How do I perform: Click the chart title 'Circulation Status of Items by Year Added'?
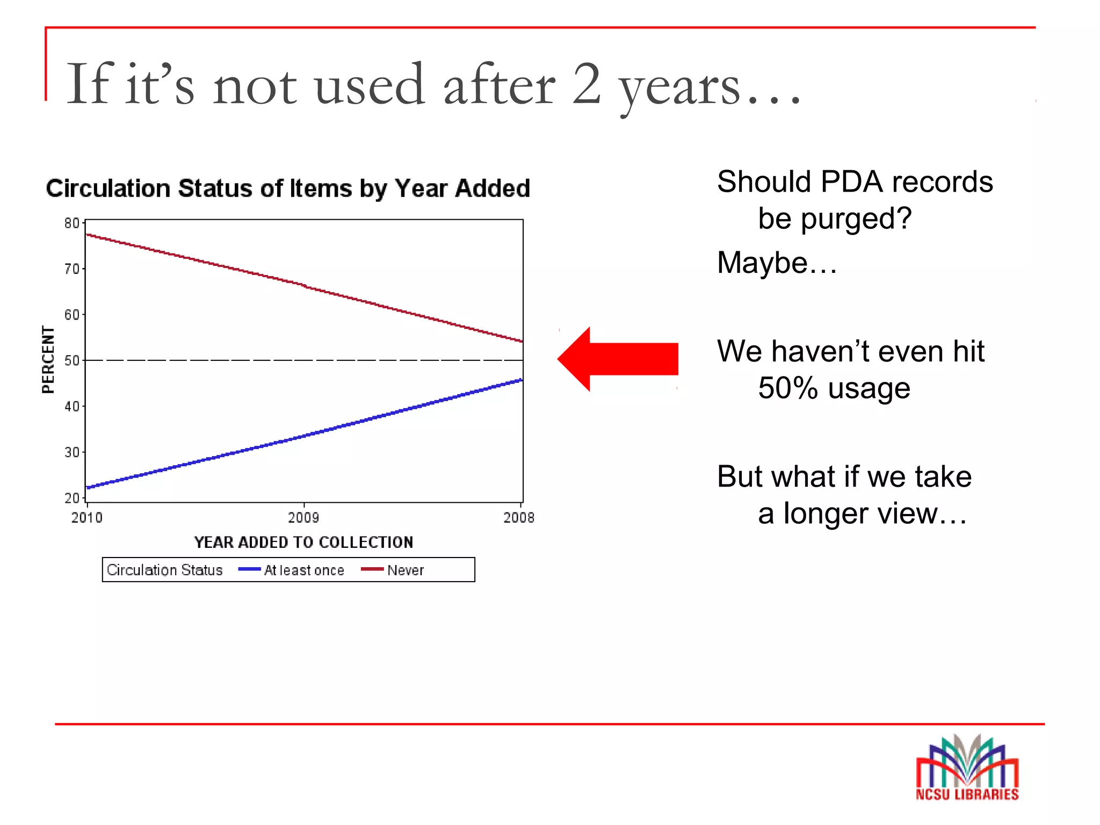coord(288,189)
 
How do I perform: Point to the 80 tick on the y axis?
coord(71,223)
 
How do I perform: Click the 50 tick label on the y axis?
coord(71,360)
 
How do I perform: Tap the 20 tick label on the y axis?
coord(71,498)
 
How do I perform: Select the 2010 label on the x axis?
coord(86,518)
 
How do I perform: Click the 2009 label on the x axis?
coord(303,518)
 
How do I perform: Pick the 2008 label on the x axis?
coord(519,518)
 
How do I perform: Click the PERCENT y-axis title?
coord(48,359)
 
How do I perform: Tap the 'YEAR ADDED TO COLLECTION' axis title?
coord(303,542)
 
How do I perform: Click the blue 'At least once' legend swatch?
coord(249,569)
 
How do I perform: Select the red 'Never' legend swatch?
coord(372,569)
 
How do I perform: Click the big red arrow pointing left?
coord(618,359)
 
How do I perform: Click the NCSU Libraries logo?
coord(967,768)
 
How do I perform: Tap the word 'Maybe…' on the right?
coord(777,263)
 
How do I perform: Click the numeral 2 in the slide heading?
coord(587,85)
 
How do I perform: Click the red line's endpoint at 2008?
coord(522,341)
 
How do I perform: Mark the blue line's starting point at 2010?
coord(88,488)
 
